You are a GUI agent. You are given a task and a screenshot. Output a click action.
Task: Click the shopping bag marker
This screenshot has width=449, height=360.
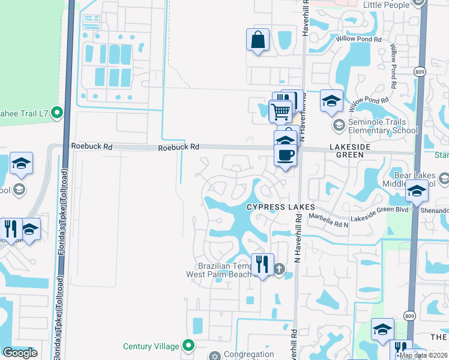click(x=258, y=40)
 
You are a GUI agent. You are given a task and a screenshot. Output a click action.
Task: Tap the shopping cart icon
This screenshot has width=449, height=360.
click(x=280, y=111)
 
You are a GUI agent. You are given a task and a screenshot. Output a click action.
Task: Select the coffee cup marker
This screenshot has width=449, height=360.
click(x=285, y=155)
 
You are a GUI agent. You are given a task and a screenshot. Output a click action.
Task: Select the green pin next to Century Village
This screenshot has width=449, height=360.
click(x=188, y=346)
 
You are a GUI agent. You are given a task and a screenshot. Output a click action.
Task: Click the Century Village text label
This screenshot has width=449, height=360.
click(x=151, y=346)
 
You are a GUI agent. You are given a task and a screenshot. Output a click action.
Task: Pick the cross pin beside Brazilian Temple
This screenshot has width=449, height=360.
click(x=279, y=269)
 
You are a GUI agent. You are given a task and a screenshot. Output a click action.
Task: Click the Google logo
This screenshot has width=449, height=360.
click(x=19, y=353)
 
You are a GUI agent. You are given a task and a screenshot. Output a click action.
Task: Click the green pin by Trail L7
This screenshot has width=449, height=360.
click(x=57, y=112)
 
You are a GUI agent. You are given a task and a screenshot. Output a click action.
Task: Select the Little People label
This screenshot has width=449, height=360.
click(x=386, y=5)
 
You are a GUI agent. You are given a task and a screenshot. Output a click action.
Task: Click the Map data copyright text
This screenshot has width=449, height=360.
click(x=424, y=355)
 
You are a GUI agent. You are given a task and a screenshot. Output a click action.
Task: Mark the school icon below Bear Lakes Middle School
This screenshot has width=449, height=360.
click(x=416, y=192)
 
